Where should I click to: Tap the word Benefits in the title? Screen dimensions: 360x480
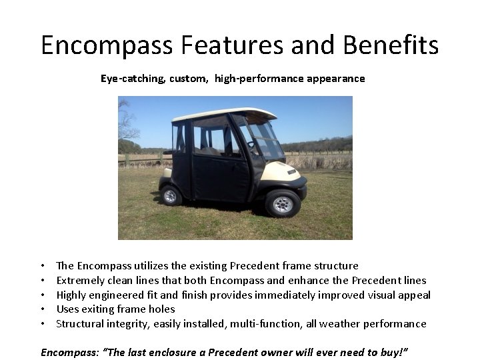[391, 45]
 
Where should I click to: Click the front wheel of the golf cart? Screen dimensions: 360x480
[283, 204]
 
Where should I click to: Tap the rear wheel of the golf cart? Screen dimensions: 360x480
[171, 195]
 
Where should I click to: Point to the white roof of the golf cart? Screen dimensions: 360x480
[223, 113]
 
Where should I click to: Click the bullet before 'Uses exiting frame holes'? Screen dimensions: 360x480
[43, 309]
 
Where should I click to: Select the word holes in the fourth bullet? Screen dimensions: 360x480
[162, 309]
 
